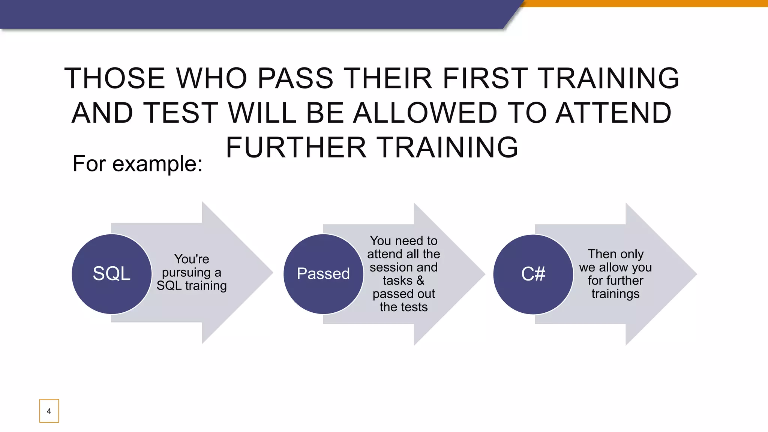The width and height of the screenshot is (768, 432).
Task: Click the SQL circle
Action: click(111, 274)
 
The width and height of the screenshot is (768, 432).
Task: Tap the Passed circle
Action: click(323, 274)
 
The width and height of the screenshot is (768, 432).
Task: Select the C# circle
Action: click(533, 274)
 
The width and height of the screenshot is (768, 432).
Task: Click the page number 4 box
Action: click(49, 411)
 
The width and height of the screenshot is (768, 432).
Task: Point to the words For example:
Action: click(137, 164)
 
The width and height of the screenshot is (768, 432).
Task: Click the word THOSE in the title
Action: click(115, 78)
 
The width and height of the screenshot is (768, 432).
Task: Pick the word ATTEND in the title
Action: click(613, 113)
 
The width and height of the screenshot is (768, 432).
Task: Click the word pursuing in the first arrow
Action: click(186, 273)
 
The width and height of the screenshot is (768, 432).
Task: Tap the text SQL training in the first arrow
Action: click(192, 286)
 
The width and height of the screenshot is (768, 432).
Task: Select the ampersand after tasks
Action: click(420, 280)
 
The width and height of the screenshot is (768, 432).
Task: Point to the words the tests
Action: click(403, 307)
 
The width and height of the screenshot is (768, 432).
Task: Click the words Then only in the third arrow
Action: click(615, 254)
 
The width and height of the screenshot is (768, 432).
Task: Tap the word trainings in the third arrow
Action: click(615, 294)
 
